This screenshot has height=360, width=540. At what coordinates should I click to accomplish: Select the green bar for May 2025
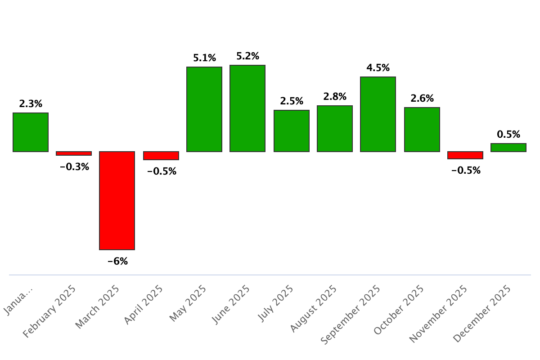(204, 109)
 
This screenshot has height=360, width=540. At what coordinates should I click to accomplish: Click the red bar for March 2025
(117, 200)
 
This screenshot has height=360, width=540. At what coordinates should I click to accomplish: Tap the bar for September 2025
(378, 114)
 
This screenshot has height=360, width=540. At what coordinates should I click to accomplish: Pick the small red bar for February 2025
(74, 153)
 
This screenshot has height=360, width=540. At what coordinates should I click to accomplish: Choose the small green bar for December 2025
(508, 148)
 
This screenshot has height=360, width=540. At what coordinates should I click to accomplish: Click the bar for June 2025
(247, 108)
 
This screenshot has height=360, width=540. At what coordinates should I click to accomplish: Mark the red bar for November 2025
(465, 155)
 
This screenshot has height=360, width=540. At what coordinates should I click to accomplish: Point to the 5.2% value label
(248, 56)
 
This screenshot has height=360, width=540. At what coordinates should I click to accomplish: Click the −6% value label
(117, 261)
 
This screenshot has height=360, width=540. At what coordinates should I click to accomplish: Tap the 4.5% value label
(378, 68)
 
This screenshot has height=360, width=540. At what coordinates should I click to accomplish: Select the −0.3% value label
(75, 167)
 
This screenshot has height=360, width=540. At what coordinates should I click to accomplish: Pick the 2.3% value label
(31, 104)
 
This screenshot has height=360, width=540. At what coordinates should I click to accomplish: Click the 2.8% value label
(335, 96)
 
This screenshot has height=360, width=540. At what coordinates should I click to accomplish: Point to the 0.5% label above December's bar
(508, 134)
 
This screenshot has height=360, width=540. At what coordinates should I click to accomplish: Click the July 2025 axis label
(276, 303)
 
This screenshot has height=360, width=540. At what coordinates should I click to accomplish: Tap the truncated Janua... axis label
(18, 300)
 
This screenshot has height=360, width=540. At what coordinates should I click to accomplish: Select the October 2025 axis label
(399, 310)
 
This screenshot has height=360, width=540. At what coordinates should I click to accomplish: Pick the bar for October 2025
(422, 130)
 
